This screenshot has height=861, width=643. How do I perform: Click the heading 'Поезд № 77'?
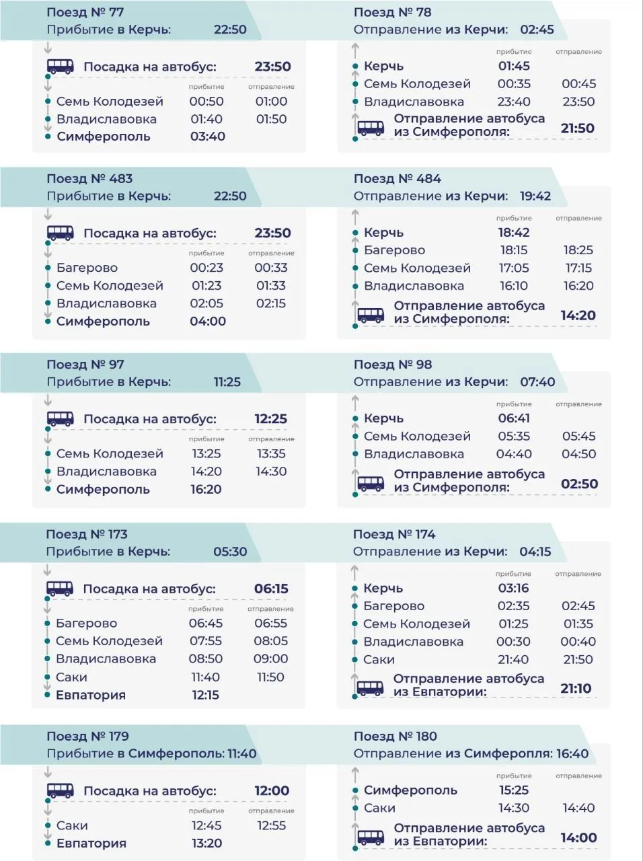coord(85,12)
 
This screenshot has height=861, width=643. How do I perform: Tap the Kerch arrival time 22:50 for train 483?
coord(230,196)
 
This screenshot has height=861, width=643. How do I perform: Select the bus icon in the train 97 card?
coord(61,418)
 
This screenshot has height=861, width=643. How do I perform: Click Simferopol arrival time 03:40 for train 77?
coord(208,137)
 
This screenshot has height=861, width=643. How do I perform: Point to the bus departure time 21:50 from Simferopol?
coord(578,128)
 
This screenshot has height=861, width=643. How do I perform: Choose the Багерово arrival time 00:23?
coord(206,268)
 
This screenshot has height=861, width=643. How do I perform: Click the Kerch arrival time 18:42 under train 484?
coord(514,232)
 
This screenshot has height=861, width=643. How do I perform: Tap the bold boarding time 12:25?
coord(271,418)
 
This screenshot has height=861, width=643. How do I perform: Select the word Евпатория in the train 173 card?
coord(91,695)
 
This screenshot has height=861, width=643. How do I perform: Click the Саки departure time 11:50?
coord(270,677)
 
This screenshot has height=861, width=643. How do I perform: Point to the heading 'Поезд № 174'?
coord(394,534)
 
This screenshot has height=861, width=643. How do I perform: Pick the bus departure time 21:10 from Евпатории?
coord(576,688)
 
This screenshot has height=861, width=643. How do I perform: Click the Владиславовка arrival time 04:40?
coord(514,454)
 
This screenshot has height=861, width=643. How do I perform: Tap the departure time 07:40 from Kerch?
coord(537,381)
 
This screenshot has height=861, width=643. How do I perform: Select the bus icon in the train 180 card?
coord(371,836)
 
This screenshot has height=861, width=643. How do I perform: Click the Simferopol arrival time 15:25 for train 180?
coord(514,790)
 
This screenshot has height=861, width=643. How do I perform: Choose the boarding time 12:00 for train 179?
coord(272,790)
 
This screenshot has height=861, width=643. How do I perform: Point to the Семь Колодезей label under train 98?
coord(417,436)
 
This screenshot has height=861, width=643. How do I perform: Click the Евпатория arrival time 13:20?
coord(206,844)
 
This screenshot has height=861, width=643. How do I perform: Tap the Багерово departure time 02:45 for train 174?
coord(578,605)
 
